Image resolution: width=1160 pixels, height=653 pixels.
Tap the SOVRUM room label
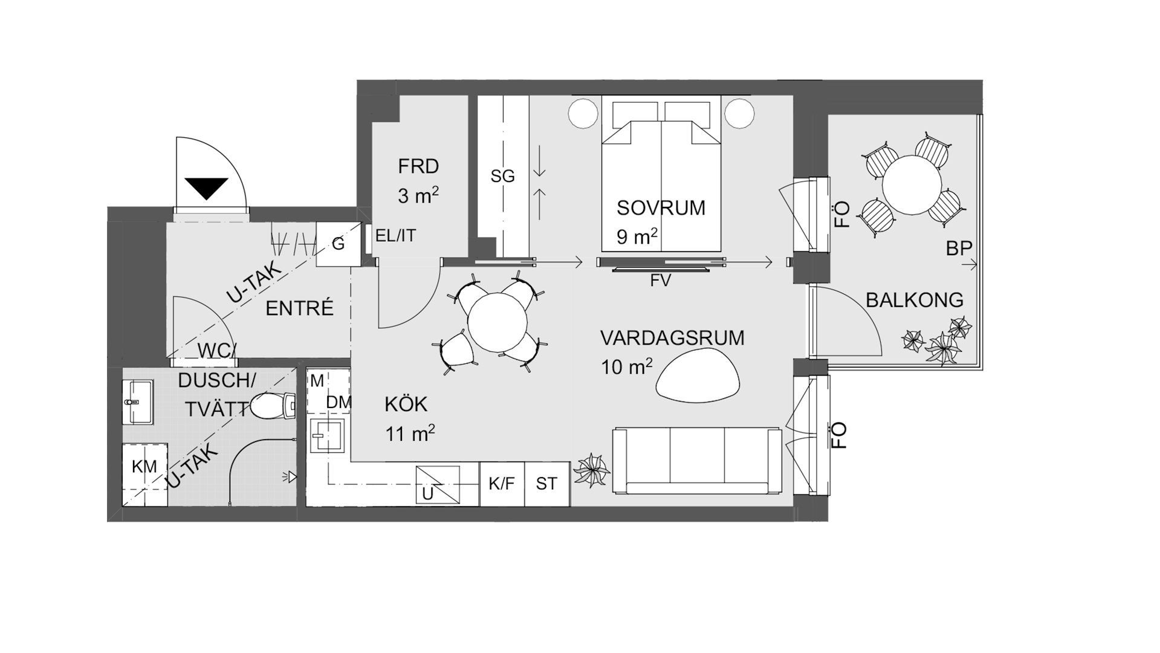[x=661, y=207]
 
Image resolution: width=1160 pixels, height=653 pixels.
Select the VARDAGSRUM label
[x=672, y=337]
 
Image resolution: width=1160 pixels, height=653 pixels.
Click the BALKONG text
[x=915, y=300]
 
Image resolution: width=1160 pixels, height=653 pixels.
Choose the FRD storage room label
[x=418, y=166]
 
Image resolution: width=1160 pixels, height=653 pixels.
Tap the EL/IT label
[x=396, y=235]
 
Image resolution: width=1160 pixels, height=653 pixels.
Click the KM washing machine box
[x=145, y=475]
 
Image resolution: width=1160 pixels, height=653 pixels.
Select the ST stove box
[x=547, y=484]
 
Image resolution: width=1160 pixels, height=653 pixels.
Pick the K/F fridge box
[x=502, y=484]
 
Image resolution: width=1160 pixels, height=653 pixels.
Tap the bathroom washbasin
[x=138, y=401]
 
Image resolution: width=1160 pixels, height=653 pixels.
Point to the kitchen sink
[x=328, y=435]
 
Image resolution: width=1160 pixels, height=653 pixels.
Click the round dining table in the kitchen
[x=497, y=322]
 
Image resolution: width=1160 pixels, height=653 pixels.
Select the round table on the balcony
[x=912, y=184]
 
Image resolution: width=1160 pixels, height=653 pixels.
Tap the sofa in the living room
[x=697, y=461]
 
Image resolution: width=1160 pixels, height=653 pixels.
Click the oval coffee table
[x=698, y=376]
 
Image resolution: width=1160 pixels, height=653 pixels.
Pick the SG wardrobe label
[x=502, y=176]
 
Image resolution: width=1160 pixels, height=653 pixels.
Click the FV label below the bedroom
[x=660, y=281]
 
